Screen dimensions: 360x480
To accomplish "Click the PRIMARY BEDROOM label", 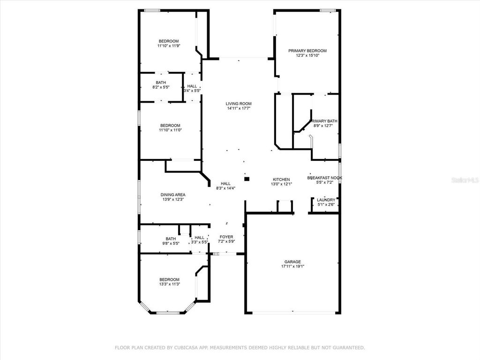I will pyautogui.click(x=307, y=51).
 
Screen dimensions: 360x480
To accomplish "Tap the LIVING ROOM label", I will pyautogui.click(x=239, y=104).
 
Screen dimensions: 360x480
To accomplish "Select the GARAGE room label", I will pyautogui.click(x=292, y=262).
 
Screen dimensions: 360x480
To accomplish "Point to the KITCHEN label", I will pyautogui.click(x=282, y=180).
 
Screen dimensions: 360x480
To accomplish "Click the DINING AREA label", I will pyautogui.click(x=173, y=195).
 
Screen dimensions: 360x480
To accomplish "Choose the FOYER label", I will pyautogui.click(x=226, y=237).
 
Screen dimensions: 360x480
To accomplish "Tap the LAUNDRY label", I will pyautogui.click(x=326, y=200).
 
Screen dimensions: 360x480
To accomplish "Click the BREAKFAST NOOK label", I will pyautogui.click(x=325, y=178).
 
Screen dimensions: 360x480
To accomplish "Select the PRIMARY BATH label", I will pyautogui.click(x=325, y=121).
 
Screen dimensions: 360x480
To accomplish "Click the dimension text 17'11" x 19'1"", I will pyautogui.click(x=292, y=266).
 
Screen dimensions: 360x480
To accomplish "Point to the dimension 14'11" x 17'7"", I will pyautogui.click(x=239, y=108).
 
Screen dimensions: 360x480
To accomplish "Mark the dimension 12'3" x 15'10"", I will pyautogui.click(x=307, y=55).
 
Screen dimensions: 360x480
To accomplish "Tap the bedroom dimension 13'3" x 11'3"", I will pyautogui.click(x=169, y=284).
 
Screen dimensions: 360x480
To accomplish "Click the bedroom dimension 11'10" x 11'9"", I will pyautogui.click(x=168, y=46).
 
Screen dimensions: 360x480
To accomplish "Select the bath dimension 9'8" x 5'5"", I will pyautogui.click(x=171, y=243).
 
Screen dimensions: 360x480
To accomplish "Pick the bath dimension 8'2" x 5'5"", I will pyautogui.click(x=161, y=87).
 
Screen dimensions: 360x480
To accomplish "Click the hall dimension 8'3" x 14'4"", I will pyautogui.click(x=225, y=188).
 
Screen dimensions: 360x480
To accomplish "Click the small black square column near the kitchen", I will pyautogui.click(x=247, y=178).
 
